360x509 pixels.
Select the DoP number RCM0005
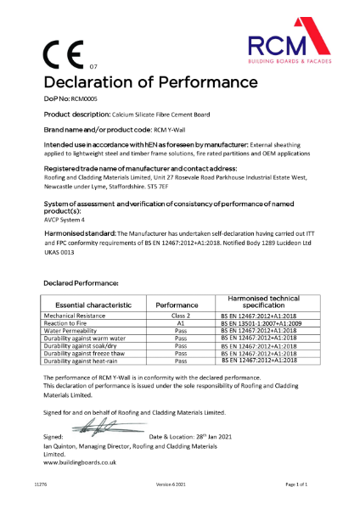(x=87, y=99)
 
